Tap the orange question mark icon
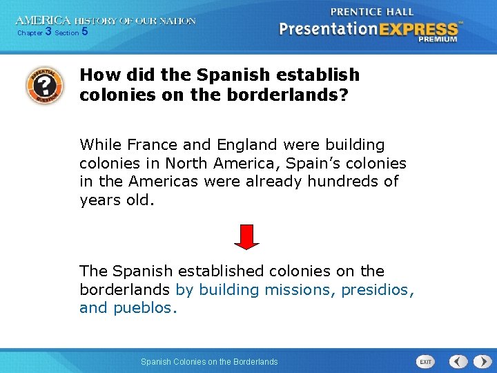(43, 85)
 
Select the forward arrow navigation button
(478, 361)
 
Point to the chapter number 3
(48, 32)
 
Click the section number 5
(84, 32)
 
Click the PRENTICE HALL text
(372, 12)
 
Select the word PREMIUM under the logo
(437, 40)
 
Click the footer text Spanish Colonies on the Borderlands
(209, 361)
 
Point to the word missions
(300, 290)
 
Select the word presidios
(378, 290)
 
